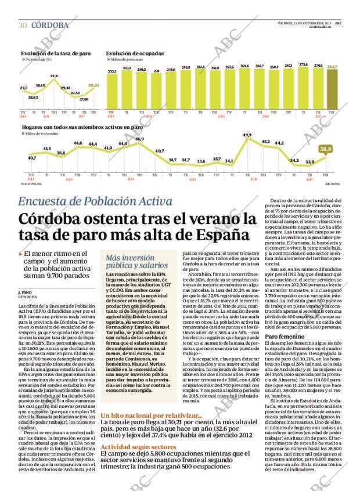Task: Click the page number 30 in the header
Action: coord(23,25)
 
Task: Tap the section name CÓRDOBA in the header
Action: coord(50,25)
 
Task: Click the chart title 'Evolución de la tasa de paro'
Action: coord(55,53)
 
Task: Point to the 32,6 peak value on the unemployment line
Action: coord(53,76)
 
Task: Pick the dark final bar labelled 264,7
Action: coord(332,87)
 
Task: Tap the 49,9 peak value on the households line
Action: coord(247,135)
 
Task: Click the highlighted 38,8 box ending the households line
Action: coord(326,149)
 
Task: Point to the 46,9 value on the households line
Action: coord(139,139)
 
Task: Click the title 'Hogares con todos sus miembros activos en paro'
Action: coord(81,126)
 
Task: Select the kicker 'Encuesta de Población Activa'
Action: coord(95,201)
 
